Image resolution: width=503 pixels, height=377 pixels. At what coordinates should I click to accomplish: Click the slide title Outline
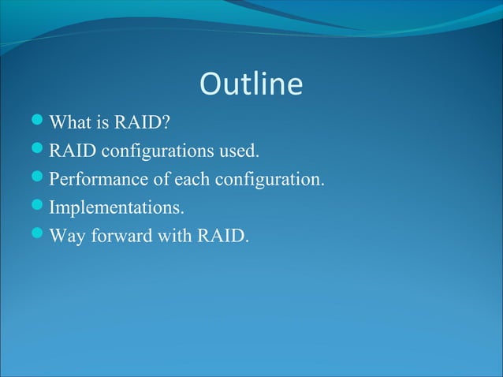[251, 84]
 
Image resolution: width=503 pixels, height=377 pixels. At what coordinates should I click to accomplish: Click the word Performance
[99, 179]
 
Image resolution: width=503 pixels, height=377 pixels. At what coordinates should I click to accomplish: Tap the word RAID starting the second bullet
[72, 151]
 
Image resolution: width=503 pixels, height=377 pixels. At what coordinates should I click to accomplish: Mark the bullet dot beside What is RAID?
[40, 122]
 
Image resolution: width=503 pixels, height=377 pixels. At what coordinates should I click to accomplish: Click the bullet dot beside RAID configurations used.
[40, 150]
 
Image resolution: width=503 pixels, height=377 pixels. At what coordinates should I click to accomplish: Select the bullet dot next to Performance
[40, 178]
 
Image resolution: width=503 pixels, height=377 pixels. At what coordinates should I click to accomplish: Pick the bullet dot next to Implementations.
[40, 207]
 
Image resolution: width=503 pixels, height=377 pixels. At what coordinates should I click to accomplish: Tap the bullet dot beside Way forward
[40, 235]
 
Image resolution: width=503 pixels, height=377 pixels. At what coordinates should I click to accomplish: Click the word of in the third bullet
[162, 179]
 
